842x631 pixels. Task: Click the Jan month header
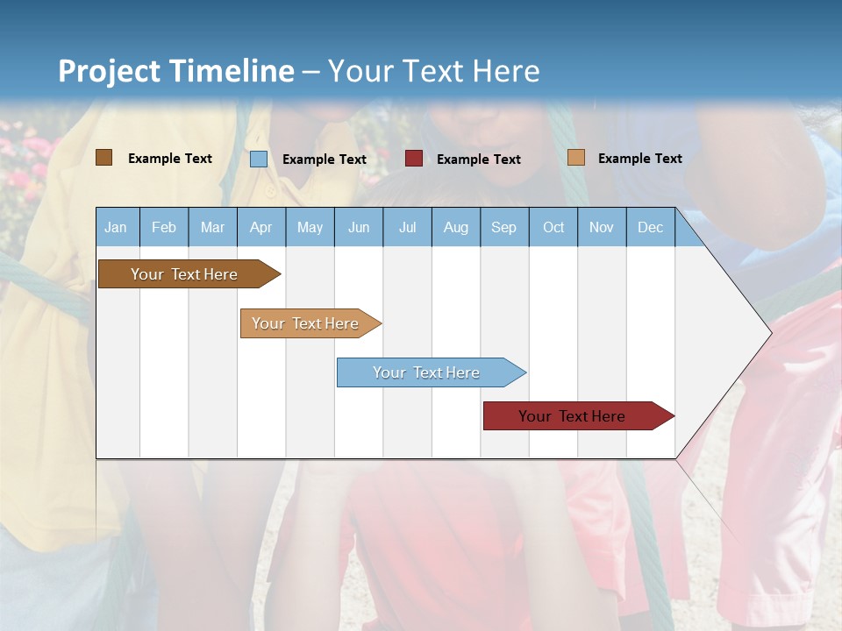click(x=117, y=227)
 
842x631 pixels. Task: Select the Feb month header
click(x=164, y=227)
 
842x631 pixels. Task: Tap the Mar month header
click(x=212, y=227)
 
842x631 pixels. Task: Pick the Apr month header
click(x=260, y=227)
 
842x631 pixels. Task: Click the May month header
click(x=310, y=227)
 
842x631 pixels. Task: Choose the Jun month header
click(x=359, y=227)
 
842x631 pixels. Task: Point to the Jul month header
click(x=407, y=227)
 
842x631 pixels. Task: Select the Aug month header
click(x=456, y=227)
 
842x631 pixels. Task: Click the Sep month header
click(x=504, y=227)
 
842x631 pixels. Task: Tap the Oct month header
click(x=553, y=227)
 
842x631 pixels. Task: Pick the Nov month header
click(x=602, y=227)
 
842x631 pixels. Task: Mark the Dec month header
click(x=651, y=227)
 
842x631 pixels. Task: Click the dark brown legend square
click(x=104, y=158)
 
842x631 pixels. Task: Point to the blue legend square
click(x=259, y=159)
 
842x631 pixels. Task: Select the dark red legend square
click(x=414, y=159)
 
